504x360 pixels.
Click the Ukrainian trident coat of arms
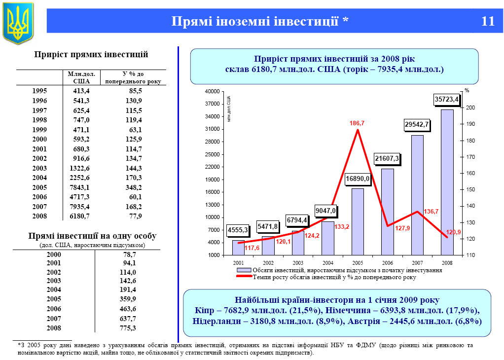click(18, 22)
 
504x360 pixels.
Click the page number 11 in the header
click(487, 21)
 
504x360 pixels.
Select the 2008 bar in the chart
click(447, 182)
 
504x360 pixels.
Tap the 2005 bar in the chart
click(358, 221)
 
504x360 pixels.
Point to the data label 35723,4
click(446, 99)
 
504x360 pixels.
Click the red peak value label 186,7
click(357, 123)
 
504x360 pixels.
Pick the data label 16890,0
click(358, 178)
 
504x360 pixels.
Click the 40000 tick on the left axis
click(212, 92)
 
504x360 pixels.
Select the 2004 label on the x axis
click(327, 263)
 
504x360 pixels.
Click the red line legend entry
click(244, 277)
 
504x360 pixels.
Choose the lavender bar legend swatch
click(244, 270)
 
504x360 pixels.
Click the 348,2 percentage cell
click(133, 187)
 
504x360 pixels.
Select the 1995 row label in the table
click(39, 91)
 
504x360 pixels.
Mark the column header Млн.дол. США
click(81, 77)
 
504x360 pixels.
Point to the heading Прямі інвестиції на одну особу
click(92, 236)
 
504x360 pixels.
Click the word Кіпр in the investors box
click(204, 310)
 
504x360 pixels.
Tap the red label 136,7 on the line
click(431, 211)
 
